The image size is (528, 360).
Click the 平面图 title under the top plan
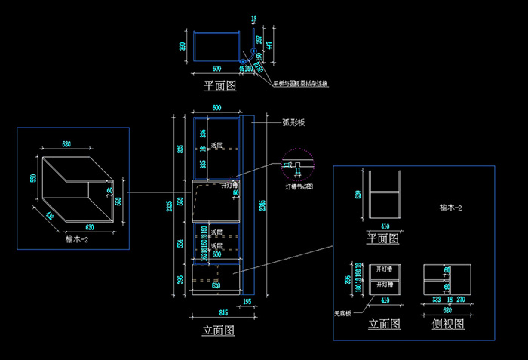(219, 86)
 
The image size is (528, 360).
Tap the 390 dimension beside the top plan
(183, 46)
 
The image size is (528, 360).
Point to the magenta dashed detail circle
(296, 165)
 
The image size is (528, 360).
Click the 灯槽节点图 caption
(299, 185)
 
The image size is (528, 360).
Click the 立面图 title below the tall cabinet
(219, 331)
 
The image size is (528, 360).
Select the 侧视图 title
(449, 325)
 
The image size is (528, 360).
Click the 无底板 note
(343, 312)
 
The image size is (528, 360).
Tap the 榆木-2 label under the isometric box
(77, 239)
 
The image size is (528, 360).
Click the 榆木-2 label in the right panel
(450, 207)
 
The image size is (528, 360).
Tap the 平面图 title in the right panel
(383, 238)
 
